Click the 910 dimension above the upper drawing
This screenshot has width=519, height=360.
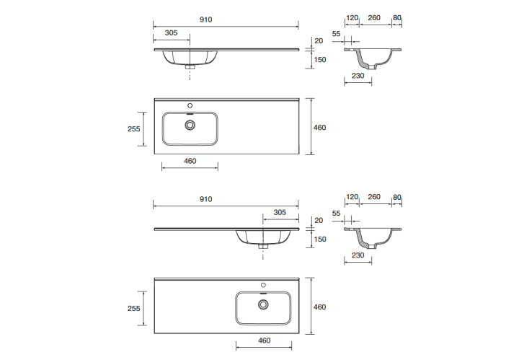tap(206, 20)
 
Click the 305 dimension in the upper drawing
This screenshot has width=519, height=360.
tap(171, 32)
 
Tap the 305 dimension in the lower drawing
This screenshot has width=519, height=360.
tap(280, 212)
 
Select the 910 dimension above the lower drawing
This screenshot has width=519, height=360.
tap(206, 199)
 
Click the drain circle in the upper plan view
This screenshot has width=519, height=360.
tap(190, 125)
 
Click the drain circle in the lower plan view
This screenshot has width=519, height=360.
tap(264, 304)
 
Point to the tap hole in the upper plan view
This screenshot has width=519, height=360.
tap(190, 105)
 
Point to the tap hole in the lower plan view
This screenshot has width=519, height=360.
tap(264, 285)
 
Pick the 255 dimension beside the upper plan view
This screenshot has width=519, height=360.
tap(134, 129)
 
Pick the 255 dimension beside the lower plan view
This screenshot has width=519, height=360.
tap(134, 308)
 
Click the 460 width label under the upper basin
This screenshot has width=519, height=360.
tap(190, 161)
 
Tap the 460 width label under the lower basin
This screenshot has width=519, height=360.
tap(264, 341)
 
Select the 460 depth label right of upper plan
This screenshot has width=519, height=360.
tap(320, 128)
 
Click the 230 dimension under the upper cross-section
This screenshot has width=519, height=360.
tap(358, 76)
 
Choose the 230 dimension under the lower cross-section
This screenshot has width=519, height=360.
tap(358, 255)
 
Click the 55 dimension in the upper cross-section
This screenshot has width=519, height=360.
tap(337, 34)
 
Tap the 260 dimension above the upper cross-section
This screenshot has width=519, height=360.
tap(374, 18)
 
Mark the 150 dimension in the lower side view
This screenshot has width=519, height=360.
tap(320, 239)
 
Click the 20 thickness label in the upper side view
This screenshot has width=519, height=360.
tap(319, 40)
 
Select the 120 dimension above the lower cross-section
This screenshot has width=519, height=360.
tap(352, 197)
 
